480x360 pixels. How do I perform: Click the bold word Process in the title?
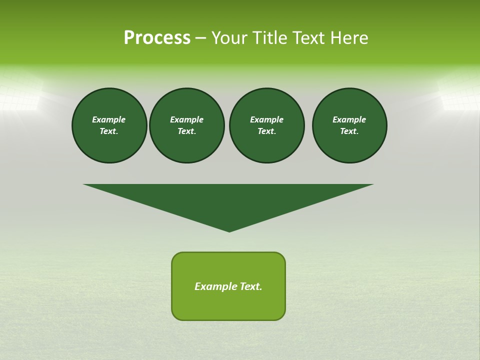tap(157, 38)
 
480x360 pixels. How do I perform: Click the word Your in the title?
tap(230, 38)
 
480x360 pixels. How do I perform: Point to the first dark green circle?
tap(109, 125)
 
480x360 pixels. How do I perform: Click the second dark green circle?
tap(186, 125)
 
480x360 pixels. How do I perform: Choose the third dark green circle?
tap(266, 125)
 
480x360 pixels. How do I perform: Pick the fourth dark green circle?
tap(349, 125)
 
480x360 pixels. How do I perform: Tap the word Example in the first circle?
tap(109, 119)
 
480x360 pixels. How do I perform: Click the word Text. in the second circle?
tap(186, 131)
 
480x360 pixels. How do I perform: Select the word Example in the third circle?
tap(266, 119)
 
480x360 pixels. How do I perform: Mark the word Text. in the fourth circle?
tap(349, 131)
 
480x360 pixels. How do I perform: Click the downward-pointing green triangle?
tap(228, 200)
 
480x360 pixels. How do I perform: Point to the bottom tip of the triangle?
tap(229, 231)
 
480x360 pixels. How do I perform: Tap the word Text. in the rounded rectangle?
tap(250, 286)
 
